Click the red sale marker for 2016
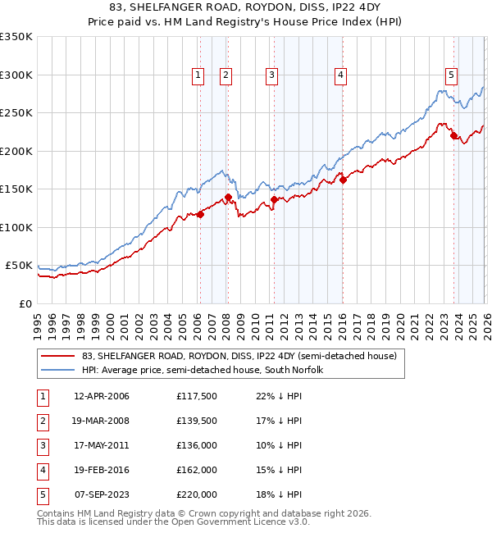pyautogui.click(x=343, y=180)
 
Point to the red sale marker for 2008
pyautogui.click(x=228, y=197)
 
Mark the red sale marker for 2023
pyautogui.click(x=453, y=135)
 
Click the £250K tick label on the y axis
pyautogui.click(x=16, y=112)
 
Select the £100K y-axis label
pyautogui.click(x=16, y=227)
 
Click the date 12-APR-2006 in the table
pyautogui.click(x=102, y=396)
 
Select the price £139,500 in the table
pyautogui.click(x=197, y=421)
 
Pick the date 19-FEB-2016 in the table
pyautogui.click(x=102, y=470)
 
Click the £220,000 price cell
pyautogui.click(x=197, y=494)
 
